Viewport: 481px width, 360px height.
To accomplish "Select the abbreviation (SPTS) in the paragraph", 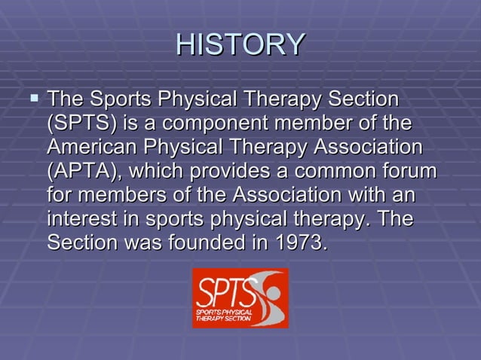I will click(x=81, y=123).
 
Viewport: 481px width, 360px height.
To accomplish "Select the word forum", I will click(x=409, y=171).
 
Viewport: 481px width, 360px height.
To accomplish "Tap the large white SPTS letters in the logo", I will click(x=222, y=290).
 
